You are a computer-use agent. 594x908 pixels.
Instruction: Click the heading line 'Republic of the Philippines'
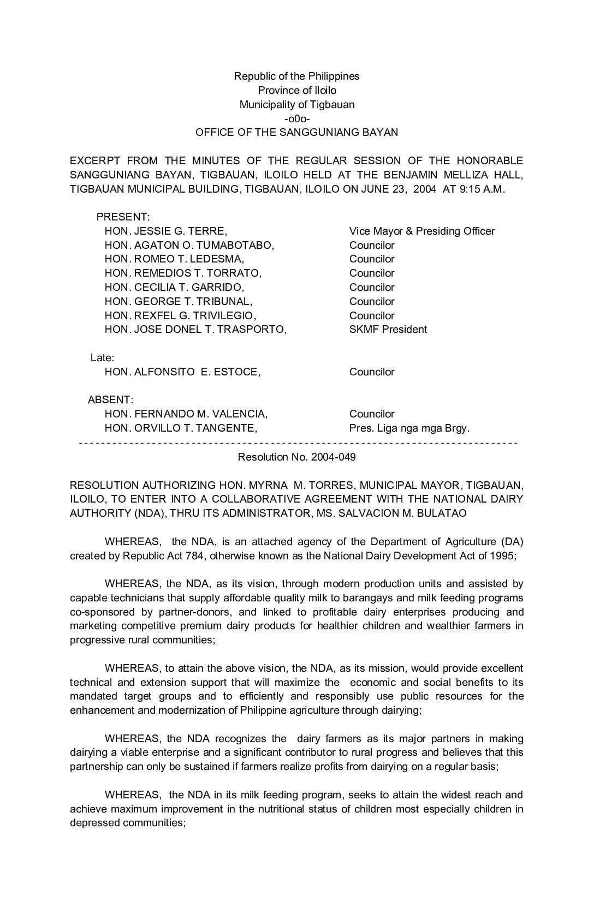(x=296, y=76)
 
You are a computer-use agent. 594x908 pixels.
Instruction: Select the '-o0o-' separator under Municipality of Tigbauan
(x=297, y=118)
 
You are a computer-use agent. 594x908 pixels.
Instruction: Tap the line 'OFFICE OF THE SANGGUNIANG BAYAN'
(x=296, y=132)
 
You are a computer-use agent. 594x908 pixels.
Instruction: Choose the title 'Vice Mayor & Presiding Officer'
(x=422, y=231)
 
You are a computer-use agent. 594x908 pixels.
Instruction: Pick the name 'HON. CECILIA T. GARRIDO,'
(x=174, y=287)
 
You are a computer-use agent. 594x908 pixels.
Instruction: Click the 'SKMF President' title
(x=388, y=329)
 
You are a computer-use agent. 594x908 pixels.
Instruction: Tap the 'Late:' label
(x=102, y=358)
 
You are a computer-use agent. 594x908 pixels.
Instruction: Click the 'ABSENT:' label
(x=110, y=400)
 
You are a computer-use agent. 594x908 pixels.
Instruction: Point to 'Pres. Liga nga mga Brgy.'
(x=409, y=428)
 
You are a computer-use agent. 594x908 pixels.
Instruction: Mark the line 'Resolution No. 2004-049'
(x=296, y=457)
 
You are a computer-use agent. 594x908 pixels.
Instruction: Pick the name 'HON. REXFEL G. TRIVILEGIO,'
(x=180, y=315)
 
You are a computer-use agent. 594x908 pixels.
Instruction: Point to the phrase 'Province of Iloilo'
(x=297, y=90)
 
